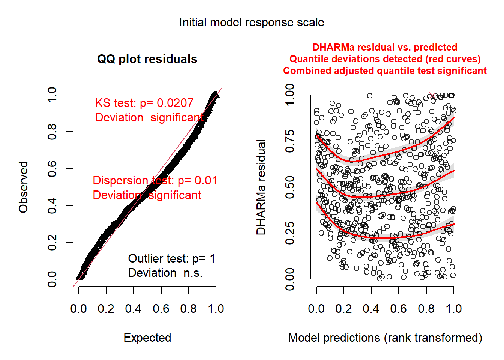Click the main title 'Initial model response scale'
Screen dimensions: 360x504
[251, 22]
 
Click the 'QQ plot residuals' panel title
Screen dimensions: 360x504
[147, 59]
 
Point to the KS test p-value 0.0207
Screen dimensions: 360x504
[175, 103]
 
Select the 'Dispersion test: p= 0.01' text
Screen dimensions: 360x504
[155, 180]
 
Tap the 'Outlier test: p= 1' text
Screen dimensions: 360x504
[171, 258]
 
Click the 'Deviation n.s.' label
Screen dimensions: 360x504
[165, 273]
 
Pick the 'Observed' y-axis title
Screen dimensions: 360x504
[24, 187]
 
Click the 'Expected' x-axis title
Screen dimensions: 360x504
[147, 337]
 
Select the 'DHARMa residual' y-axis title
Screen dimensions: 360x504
[261, 187]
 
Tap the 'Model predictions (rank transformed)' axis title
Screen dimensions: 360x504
[385, 337]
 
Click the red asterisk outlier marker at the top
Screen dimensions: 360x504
[432, 95]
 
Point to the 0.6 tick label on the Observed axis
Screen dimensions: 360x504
[52, 169]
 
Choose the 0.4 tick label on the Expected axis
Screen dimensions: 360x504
[133, 309]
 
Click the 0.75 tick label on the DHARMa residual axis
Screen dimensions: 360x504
[290, 141]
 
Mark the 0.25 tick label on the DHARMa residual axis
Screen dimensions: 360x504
[290, 233]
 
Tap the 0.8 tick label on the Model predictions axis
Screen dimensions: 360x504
[426, 309]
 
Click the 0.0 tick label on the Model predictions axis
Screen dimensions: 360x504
[316, 309]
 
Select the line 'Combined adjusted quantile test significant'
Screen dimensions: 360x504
[385, 71]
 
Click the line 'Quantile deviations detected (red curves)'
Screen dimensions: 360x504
[385, 59]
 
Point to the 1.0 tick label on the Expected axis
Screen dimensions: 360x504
[216, 309]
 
